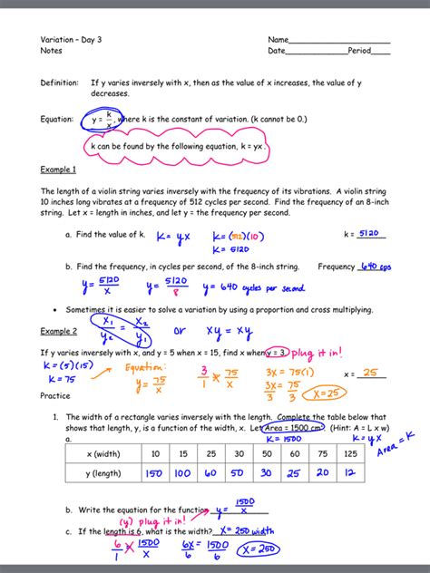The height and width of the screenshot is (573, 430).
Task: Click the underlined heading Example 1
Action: [58, 170]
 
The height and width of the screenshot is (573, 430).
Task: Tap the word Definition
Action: [59, 83]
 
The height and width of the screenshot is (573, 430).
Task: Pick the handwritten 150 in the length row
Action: [155, 473]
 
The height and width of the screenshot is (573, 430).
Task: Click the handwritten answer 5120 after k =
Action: [368, 233]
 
